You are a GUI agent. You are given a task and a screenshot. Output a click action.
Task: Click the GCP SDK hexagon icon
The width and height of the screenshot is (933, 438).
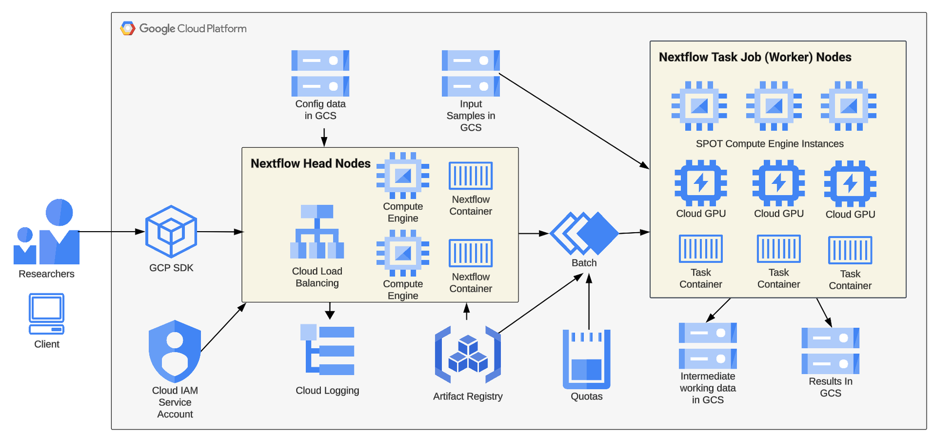point(171,232)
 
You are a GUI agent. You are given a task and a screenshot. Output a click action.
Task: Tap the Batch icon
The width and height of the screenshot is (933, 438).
point(584,234)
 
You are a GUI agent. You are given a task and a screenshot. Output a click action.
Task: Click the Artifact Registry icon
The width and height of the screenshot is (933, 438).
point(468,355)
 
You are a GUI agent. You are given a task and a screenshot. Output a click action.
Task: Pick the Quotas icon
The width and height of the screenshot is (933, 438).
point(586,359)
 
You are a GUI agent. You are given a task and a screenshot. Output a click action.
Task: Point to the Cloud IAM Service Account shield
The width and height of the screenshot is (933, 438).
point(175,350)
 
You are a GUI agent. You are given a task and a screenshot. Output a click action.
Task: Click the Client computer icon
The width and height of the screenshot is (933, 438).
point(47,314)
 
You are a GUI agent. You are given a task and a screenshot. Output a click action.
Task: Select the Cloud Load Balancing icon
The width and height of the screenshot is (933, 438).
point(317,232)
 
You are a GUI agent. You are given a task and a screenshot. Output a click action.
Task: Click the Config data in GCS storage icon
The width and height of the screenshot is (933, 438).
point(320,73)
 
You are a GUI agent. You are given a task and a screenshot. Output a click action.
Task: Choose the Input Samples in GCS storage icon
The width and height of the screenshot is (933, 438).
point(471,73)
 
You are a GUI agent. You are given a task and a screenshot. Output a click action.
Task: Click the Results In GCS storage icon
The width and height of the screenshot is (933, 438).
point(830,350)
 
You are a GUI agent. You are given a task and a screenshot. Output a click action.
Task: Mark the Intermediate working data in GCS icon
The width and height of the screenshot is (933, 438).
point(708,346)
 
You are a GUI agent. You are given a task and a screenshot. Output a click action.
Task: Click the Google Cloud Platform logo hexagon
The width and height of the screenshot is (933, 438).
point(128,28)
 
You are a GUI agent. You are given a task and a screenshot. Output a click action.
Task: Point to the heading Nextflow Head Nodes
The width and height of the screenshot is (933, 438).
point(311,163)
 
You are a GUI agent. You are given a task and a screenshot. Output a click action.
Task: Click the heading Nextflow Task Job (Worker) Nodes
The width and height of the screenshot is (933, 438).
point(755,57)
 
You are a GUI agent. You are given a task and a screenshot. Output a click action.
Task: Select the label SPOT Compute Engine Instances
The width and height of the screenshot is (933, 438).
point(770,143)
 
